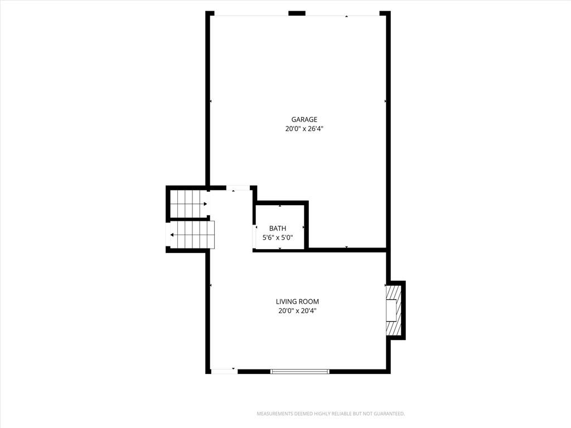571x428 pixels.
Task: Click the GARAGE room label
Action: coord(304,119)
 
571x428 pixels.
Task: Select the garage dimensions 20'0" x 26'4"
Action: coord(304,129)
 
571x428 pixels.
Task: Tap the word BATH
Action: coord(278,228)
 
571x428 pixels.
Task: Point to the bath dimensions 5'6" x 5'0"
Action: coord(278,237)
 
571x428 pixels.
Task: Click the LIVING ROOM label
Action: coord(297,301)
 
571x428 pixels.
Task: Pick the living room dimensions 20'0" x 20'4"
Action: coord(297,311)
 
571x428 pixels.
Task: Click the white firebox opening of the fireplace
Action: coord(391,310)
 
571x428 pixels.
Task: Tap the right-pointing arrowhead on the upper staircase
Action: coord(205,204)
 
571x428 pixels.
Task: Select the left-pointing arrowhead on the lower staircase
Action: coord(172,235)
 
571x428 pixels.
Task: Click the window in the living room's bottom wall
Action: coord(299,371)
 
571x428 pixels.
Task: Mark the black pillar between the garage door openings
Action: coord(297,13)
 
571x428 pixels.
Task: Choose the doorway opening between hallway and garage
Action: coord(238,188)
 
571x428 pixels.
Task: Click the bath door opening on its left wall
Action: coord(254,236)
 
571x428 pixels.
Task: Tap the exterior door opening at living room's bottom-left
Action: coord(224,371)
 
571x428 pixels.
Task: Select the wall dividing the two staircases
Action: coord(188,220)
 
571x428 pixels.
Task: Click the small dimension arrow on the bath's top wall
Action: coord(280,206)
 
